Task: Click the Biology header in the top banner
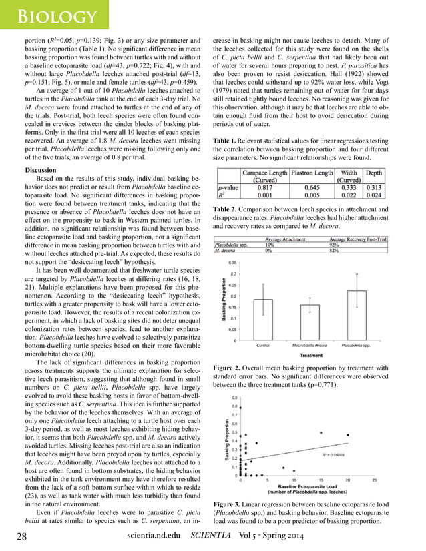point(55,15)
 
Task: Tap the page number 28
point(21,536)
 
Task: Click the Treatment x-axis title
point(310,355)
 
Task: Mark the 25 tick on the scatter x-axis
point(374,480)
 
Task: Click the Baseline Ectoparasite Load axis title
point(306,486)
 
